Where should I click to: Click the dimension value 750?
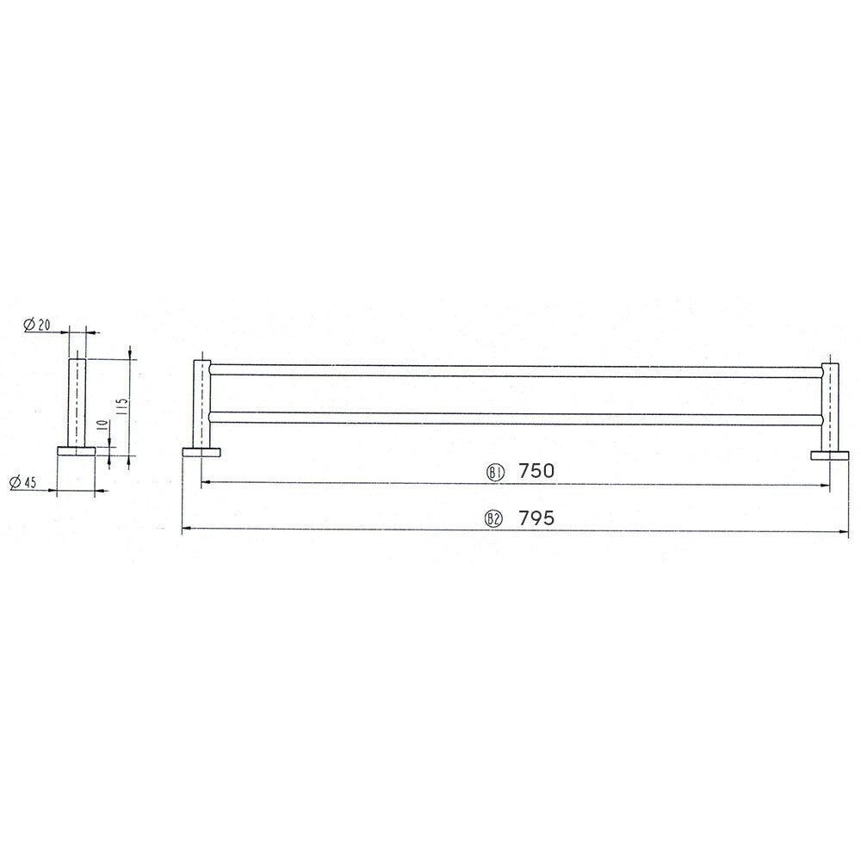(x=536, y=471)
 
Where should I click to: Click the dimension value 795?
(x=536, y=517)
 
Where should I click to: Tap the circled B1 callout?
(x=495, y=472)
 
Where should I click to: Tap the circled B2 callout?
(x=493, y=519)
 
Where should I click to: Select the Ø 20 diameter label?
(x=37, y=325)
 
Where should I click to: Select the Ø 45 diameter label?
(x=23, y=482)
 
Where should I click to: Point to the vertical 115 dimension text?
(x=122, y=406)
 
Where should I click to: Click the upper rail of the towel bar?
(x=516, y=370)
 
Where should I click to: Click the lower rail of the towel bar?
(x=516, y=418)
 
